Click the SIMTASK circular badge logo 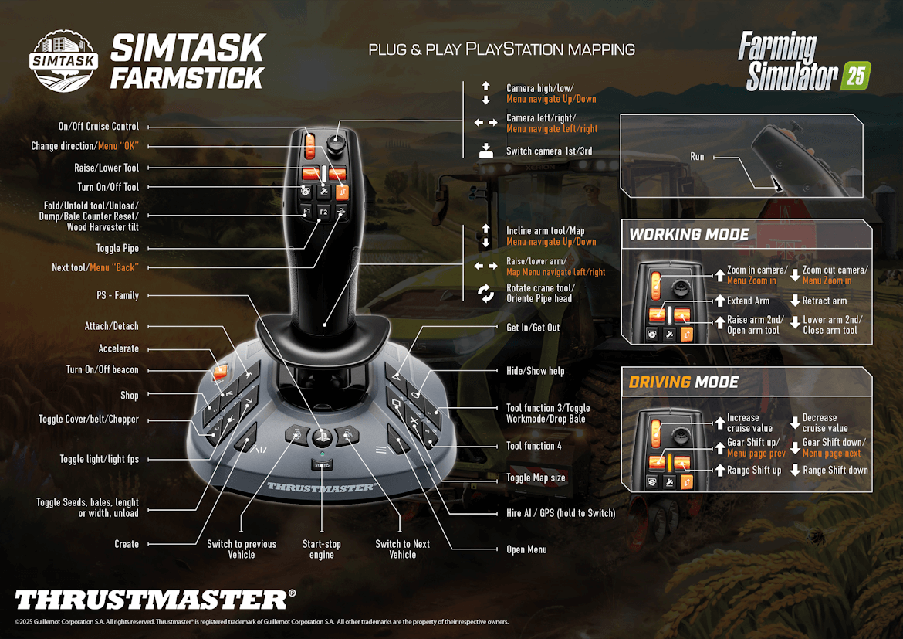click(x=64, y=60)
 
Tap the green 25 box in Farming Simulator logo click(x=855, y=76)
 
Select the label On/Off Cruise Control click(x=99, y=127)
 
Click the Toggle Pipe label click(x=118, y=249)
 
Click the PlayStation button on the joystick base click(x=322, y=437)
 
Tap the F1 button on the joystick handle click(x=306, y=212)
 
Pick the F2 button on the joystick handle click(x=323, y=212)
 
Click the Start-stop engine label click(x=322, y=549)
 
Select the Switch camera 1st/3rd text click(x=549, y=151)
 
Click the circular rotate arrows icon click(x=486, y=294)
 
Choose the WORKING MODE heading click(x=689, y=235)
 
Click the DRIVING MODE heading click(x=683, y=382)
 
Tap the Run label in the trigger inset click(x=697, y=157)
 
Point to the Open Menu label click(x=526, y=549)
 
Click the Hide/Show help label click(x=535, y=371)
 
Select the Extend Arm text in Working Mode click(x=748, y=301)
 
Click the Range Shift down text click(x=835, y=470)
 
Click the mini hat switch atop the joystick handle click(x=336, y=144)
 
